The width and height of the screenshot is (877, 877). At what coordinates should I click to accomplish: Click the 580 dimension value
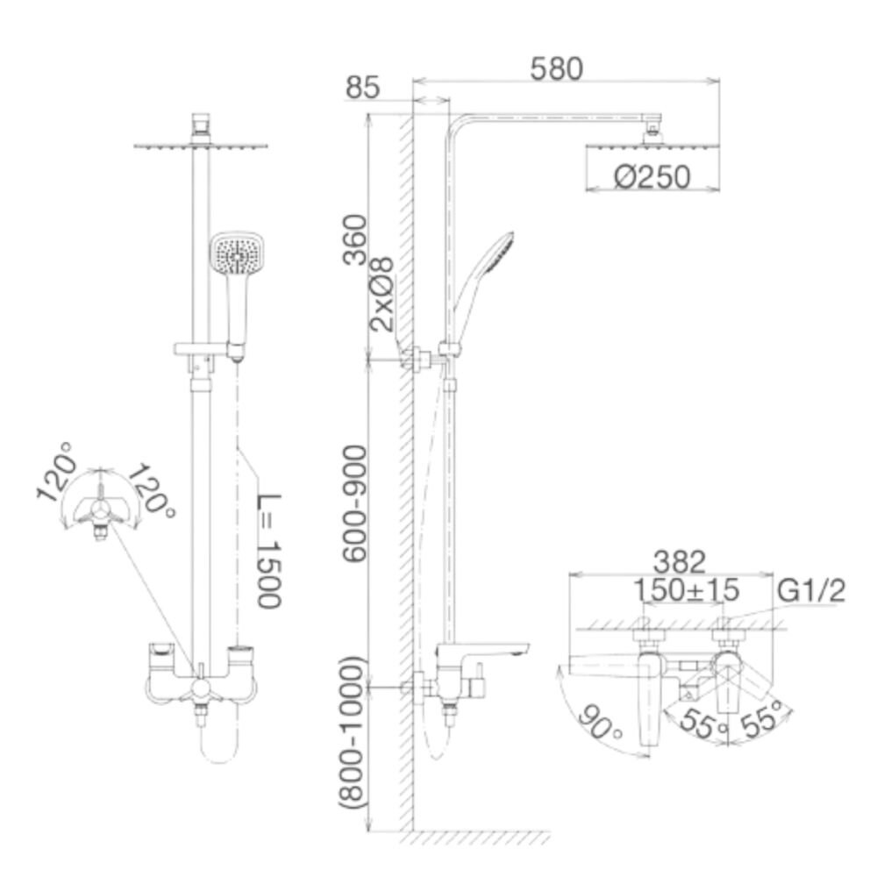click(557, 68)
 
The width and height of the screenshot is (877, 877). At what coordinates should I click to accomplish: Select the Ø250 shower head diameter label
click(652, 177)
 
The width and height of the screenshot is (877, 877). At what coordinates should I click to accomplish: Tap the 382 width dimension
click(681, 560)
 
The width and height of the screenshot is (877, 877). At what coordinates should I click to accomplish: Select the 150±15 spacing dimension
click(687, 589)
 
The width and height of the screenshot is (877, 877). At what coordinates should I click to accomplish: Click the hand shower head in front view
click(238, 255)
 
